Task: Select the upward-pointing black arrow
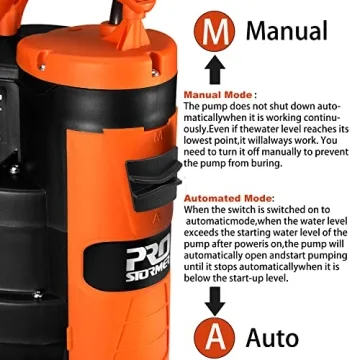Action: click(213, 71)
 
